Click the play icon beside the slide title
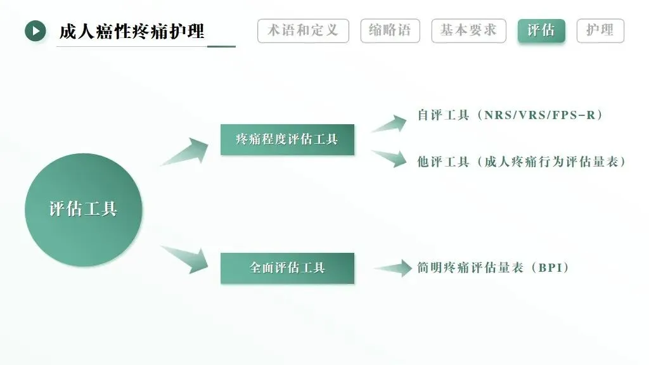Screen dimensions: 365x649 (35, 30)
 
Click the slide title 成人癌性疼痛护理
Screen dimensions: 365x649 (132, 31)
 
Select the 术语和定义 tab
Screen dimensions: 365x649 (303, 30)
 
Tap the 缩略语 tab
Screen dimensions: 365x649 (390, 30)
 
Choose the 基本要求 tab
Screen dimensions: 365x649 (468, 30)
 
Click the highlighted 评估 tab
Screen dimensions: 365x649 (541, 30)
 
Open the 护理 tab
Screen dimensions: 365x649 (600, 30)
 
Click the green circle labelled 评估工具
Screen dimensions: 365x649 (84, 209)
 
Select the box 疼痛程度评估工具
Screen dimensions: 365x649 (287, 139)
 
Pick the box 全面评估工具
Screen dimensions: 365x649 (287, 268)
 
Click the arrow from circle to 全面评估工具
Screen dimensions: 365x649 (186, 259)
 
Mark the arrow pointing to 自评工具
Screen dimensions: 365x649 (390, 123)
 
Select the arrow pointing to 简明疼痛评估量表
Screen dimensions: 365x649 (394, 268)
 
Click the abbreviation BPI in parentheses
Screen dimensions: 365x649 (549, 268)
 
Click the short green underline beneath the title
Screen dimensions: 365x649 (221, 46)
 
